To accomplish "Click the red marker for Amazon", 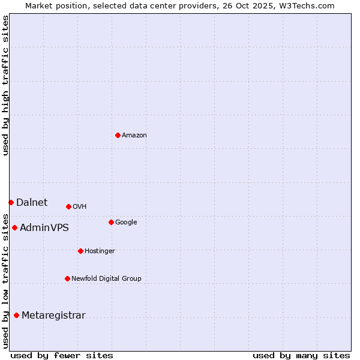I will tap(118, 135).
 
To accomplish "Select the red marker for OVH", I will tap(68, 206).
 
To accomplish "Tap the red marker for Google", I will tap(111, 222).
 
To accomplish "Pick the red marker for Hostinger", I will tap(80, 251).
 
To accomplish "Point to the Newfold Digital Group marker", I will tap(67, 278).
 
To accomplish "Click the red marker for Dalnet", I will tap(11, 202).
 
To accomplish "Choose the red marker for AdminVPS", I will tap(14, 227).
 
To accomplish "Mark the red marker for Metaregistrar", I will tap(16, 315).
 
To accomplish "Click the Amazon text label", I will tap(134, 136).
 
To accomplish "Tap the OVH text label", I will tap(80, 207).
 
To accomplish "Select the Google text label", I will tap(126, 223).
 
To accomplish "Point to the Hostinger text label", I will tap(100, 251).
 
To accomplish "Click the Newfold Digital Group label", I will tap(106, 279).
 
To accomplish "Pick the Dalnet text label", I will tap(32, 203).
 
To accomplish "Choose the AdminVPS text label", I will tap(44, 228).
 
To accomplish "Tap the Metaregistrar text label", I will tap(53, 316).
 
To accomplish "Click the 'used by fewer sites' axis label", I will tap(62, 355).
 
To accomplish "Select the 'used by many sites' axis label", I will tap(301, 355).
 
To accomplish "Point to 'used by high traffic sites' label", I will tap(5, 86).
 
